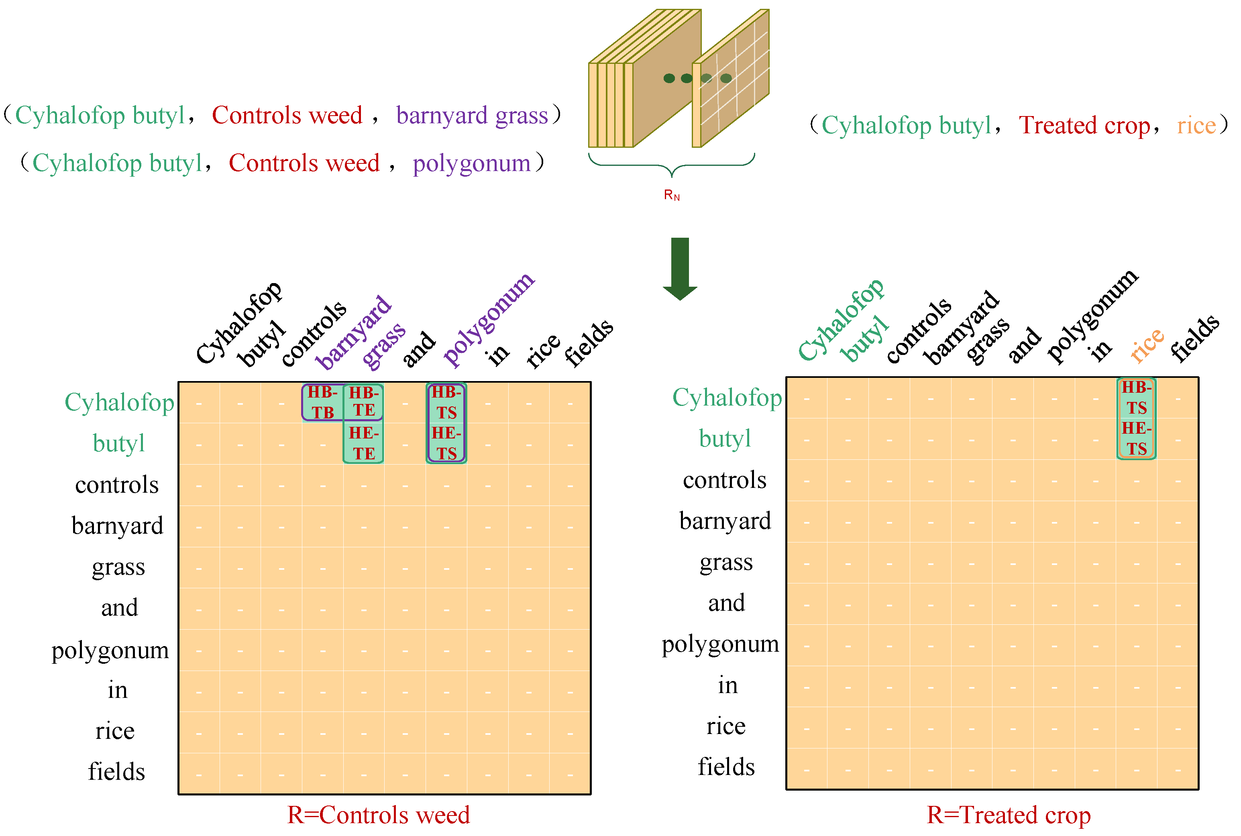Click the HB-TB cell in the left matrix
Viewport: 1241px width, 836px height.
322,402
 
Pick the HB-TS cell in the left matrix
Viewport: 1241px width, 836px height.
446,402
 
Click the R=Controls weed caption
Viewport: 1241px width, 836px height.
379,815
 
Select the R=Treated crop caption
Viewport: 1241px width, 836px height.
1009,815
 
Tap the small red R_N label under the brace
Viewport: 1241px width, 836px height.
672,195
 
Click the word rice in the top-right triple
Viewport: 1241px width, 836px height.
1196,126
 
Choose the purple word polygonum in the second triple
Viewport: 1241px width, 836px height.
471,163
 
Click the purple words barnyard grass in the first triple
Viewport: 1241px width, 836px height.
472,116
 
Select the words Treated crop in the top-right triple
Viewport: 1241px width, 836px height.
1084,126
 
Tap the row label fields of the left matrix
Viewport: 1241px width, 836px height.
116,771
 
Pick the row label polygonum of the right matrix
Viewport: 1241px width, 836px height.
720,644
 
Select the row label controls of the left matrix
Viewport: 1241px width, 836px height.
117,485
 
